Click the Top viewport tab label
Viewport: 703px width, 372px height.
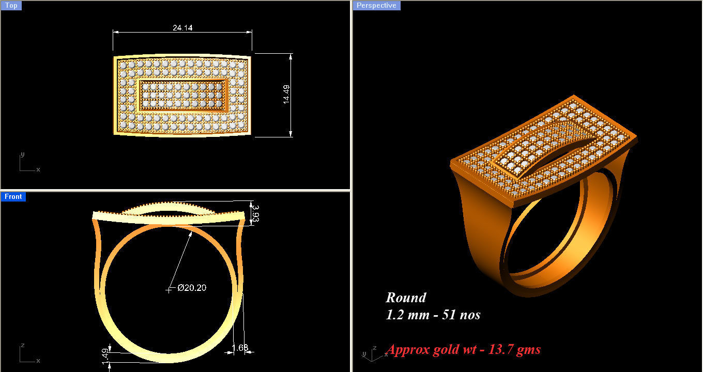point(11,6)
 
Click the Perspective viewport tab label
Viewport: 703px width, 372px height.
point(376,6)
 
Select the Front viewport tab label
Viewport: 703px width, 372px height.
point(13,196)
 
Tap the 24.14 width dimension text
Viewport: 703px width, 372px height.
point(182,28)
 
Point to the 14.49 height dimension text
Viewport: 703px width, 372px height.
point(286,95)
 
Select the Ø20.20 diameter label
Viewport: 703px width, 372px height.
point(192,288)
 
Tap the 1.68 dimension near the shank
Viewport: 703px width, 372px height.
point(240,348)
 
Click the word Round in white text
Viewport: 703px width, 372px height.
point(406,298)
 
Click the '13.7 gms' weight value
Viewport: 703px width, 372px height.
point(517,350)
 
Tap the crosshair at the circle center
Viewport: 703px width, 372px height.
point(169,289)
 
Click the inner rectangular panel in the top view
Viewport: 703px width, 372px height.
point(183,96)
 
